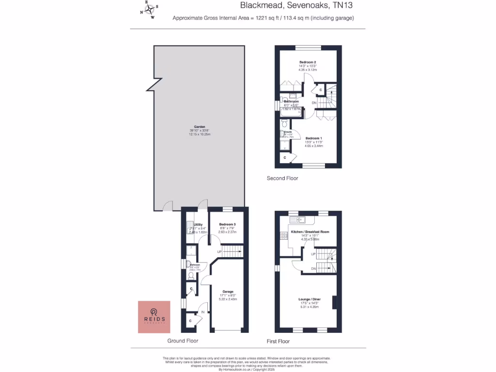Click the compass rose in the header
tap(150, 9)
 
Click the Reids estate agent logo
tap(154, 317)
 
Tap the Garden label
tap(199, 127)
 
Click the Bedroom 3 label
tap(227, 225)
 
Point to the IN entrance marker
tap(203, 312)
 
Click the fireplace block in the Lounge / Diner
tap(333, 302)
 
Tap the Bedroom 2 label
tap(308, 62)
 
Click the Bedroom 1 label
tap(314, 138)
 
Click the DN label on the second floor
tap(314, 103)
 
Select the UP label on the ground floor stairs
tap(219, 252)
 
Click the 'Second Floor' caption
tap(282, 178)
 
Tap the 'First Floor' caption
tap(278, 341)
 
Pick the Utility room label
tap(198, 225)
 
